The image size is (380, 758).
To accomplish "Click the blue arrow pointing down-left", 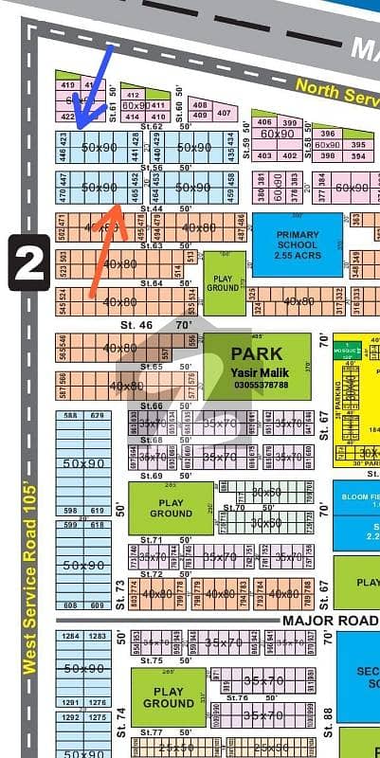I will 95,85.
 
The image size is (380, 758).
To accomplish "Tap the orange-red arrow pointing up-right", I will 107,246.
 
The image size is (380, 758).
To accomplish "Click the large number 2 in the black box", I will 29,262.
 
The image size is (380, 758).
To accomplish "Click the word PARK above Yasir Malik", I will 257,354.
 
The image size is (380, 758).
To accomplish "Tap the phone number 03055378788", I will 258,385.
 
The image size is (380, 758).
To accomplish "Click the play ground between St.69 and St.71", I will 171,508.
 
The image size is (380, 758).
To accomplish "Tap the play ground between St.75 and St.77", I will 168,697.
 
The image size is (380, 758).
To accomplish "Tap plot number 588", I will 70,415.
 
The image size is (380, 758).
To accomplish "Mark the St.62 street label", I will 154,126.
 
